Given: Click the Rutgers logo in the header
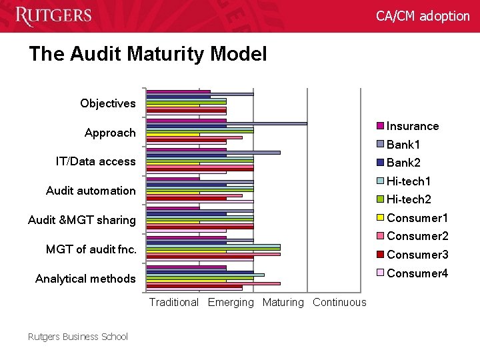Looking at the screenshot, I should pos(53,15).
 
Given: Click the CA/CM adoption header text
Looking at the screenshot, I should pos(423,16).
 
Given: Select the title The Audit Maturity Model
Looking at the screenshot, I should pos(147,54).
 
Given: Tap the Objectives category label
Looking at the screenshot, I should pos(107,103).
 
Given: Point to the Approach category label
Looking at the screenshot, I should pos(110,133).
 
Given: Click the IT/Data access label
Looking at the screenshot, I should pos(95,161).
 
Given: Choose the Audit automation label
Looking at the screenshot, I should pos(91,191).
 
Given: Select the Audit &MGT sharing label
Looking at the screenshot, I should pos(81,220).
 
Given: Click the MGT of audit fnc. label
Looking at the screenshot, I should pos(91,249).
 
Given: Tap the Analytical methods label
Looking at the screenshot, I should pos(85,279).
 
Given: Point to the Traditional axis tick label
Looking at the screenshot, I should pos(174,303).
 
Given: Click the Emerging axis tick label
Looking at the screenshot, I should pos(231,303).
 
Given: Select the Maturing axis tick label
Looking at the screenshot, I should pos(283,303).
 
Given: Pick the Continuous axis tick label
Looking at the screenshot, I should pos(339,303).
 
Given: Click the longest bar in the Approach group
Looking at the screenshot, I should pos(227,123).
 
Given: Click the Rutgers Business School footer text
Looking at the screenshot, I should pos(78,337).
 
